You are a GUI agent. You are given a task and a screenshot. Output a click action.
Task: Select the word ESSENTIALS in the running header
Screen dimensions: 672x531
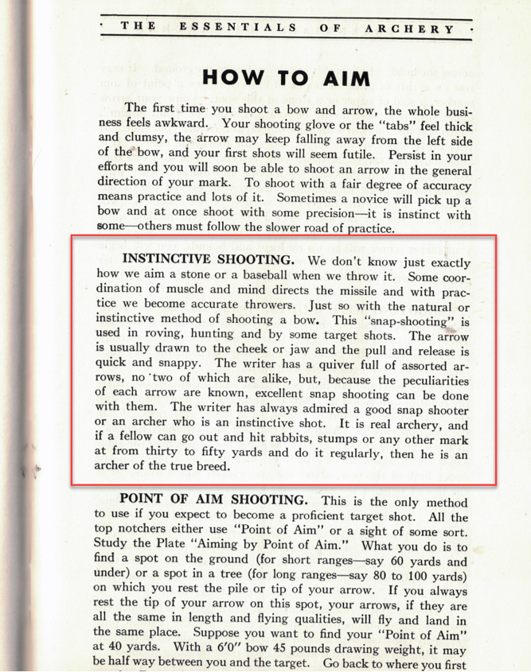click(239, 28)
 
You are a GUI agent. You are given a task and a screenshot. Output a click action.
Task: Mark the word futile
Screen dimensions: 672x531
click(359, 153)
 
